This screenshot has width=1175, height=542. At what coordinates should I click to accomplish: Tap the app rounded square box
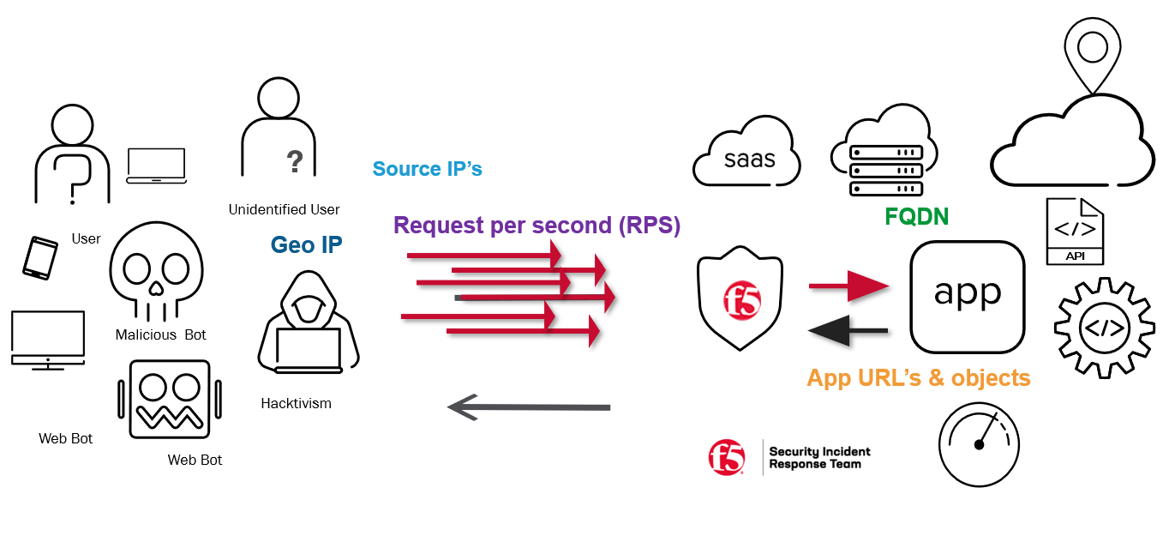967,296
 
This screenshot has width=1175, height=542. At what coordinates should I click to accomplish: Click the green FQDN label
916,217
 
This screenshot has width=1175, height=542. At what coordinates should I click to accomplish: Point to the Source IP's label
427,169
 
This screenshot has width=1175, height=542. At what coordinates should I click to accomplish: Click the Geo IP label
306,245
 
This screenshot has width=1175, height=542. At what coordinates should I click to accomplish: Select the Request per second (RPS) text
537,226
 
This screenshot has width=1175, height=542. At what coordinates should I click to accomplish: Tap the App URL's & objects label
918,377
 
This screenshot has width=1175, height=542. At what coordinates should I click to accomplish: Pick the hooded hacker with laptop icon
308,323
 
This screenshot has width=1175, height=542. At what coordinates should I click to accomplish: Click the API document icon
1075,231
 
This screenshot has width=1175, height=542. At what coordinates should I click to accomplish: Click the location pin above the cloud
1092,51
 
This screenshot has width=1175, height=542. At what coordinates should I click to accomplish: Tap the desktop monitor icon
47,340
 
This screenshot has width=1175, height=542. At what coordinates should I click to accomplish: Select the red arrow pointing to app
849,286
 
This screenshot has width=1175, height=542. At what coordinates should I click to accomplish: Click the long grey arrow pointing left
528,406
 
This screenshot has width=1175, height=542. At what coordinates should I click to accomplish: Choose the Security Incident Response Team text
819,458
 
